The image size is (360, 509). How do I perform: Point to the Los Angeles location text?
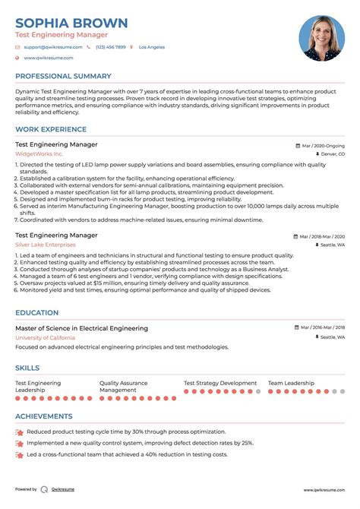click(x=152, y=47)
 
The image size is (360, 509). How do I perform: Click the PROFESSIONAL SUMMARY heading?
click(x=64, y=77)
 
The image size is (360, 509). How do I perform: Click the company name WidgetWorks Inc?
click(x=39, y=153)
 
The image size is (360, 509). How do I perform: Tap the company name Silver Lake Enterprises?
click(x=46, y=245)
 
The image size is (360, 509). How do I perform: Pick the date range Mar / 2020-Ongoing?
click(x=323, y=144)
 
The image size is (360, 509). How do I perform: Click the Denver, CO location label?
click(x=332, y=153)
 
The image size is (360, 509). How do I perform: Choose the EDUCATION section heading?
click(x=36, y=312)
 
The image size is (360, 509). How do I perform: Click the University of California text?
click(x=45, y=337)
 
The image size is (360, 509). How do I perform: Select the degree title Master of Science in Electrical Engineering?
click(x=81, y=327)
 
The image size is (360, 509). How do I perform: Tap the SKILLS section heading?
click(x=27, y=368)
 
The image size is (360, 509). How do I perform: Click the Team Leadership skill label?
click(x=291, y=383)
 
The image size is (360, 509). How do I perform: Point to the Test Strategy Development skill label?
click(x=220, y=383)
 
